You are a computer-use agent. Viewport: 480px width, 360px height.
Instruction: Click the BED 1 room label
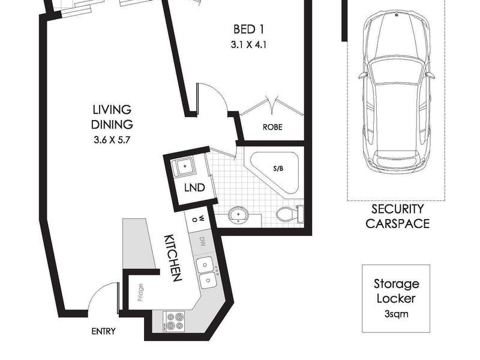coord(248,29)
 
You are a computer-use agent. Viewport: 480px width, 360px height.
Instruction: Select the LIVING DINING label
coord(112,117)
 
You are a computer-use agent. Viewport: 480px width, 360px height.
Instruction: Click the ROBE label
coord(272,127)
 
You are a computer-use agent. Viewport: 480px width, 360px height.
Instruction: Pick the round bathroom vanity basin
coord(239,214)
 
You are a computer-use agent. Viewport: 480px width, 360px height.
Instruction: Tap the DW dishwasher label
coord(202,242)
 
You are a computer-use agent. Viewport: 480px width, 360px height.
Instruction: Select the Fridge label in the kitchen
coord(140,299)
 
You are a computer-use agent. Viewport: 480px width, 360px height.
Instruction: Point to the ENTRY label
coord(103,331)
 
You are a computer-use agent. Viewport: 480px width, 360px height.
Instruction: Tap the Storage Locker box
coord(395,298)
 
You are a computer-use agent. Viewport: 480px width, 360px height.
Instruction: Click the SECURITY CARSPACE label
coord(397,216)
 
